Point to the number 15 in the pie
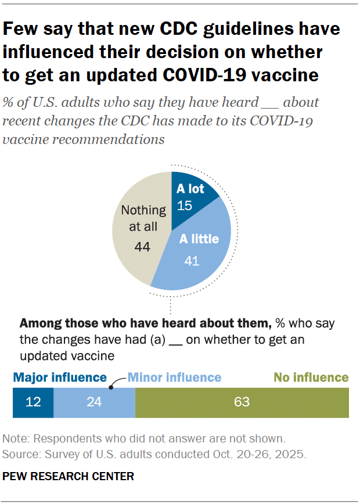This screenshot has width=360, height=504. [185, 206]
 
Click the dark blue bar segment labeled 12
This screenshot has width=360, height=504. [33, 403]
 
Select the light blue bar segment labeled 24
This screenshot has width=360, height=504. [94, 403]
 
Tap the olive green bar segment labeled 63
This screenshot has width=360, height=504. [242, 403]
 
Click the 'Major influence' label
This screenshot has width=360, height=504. [60, 378]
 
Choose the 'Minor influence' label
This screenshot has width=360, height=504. [174, 378]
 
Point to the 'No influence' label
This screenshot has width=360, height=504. [311, 378]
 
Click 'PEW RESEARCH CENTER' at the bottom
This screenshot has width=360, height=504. [69, 477]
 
